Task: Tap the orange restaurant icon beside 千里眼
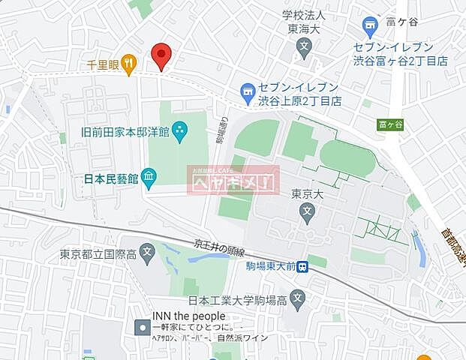point(130,64)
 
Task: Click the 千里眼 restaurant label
point(104,64)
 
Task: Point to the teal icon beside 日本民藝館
point(149,178)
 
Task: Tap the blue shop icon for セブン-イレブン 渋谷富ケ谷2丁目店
point(368,28)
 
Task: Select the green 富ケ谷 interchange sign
point(390,125)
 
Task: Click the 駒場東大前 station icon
point(302,266)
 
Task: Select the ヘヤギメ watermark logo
point(233,181)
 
